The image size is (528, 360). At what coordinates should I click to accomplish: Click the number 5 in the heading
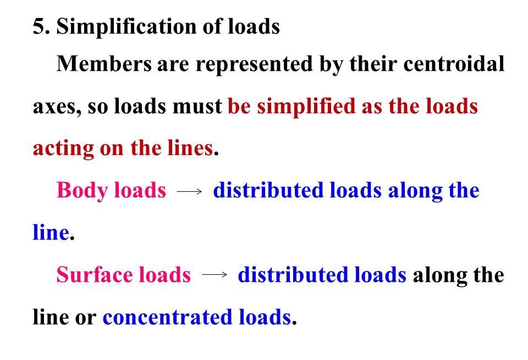pyautogui.click(x=38, y=26)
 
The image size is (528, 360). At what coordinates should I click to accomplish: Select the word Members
pyautogui.click(x=104, y=64)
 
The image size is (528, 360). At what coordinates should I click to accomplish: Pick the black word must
pyautogui.click(x=197, y=106)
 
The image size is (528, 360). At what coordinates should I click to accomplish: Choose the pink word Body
pyautogui.click(x=82, y=190)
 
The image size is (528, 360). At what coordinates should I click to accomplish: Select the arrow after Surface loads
pyautogui.click(x=215, y=275)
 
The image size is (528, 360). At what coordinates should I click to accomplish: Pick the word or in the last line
pyautogui.click(x=85, y=318)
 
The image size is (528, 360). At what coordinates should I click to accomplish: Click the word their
pyautogui.click(x=372, y=64)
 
